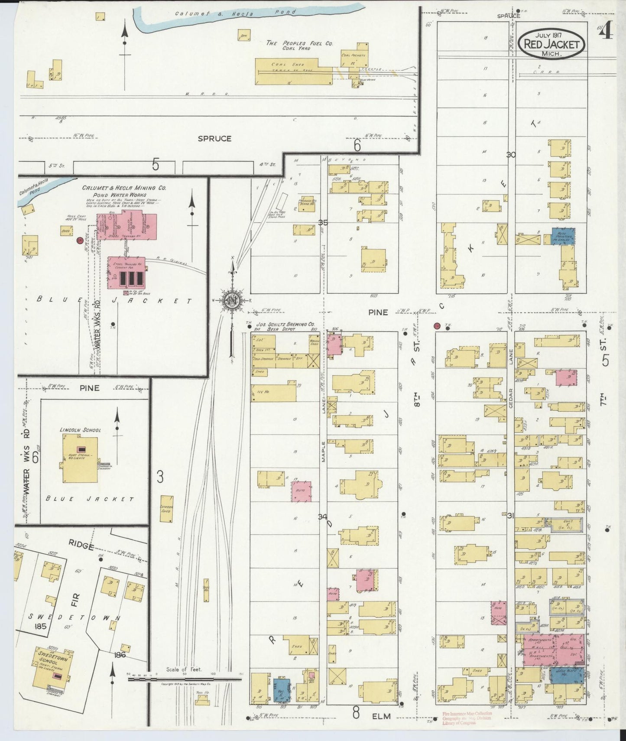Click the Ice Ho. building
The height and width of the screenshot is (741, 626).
274,392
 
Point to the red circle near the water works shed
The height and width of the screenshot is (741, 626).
79,240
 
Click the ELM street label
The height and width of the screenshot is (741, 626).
381,716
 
